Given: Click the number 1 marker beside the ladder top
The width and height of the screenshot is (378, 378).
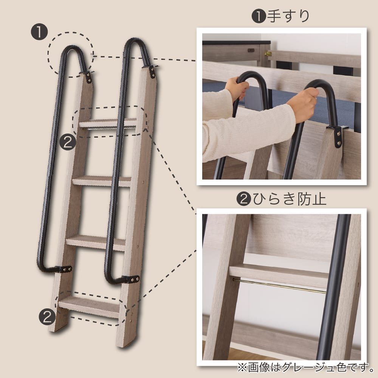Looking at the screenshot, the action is [39, 32].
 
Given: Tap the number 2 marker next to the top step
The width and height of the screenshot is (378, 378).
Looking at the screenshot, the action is [68, 142].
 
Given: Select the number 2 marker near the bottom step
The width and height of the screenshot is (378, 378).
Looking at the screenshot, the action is [47, 317].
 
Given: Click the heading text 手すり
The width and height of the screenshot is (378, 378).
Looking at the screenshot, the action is [288, 16].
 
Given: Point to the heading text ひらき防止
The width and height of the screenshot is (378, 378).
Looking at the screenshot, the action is [290, 199].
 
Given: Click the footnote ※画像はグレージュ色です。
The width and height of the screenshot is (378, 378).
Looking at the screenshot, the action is [305, 367].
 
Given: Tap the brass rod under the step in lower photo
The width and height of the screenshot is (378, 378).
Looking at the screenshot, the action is [279, 287].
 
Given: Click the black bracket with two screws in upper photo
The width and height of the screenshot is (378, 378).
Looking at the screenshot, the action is [338, 136].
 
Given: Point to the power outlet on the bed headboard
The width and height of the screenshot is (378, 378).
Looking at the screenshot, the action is [251, 50].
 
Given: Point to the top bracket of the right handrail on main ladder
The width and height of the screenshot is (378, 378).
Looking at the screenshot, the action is [152, 71].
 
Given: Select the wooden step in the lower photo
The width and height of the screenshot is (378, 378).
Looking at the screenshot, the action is [279, 276].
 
